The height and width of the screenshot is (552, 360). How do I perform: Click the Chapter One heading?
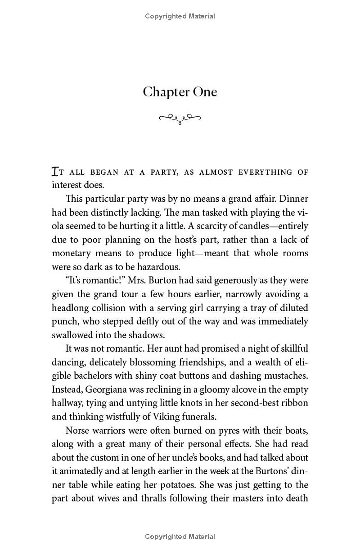[x=180, y=92]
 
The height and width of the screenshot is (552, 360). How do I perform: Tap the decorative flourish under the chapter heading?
[x=180, y=118]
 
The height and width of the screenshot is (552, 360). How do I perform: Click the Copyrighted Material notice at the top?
[x=180, y=16]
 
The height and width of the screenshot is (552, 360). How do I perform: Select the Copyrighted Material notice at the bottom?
[x=180, y=536]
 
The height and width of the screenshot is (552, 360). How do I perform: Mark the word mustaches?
[x=283, y=376]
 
